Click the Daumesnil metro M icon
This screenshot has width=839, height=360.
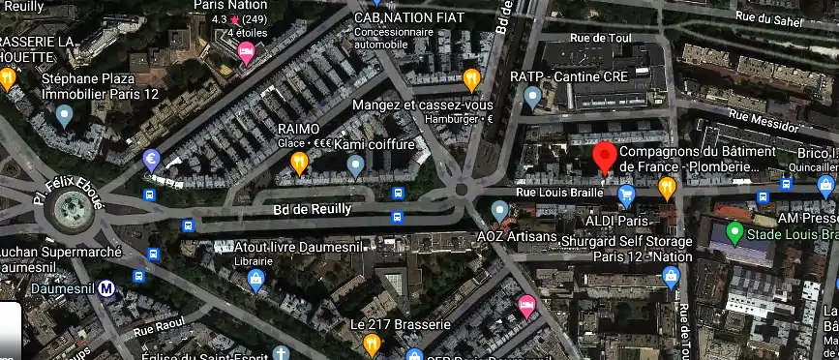point(108,287)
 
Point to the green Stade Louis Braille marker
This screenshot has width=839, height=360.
point(734,232)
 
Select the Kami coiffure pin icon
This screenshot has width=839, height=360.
point(356,166)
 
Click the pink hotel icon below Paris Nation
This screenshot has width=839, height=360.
point(246,52)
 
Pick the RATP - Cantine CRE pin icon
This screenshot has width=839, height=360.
point(531,96)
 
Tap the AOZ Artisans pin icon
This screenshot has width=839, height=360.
point(499,210)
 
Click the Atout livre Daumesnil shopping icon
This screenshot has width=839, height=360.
point(255,281)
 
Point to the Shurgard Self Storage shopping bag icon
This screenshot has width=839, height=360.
point(671,279)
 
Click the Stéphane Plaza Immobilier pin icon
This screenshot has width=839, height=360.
point(65,117)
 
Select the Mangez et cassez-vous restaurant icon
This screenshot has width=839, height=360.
point(471,79)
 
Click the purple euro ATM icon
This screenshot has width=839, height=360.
point(151,160)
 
